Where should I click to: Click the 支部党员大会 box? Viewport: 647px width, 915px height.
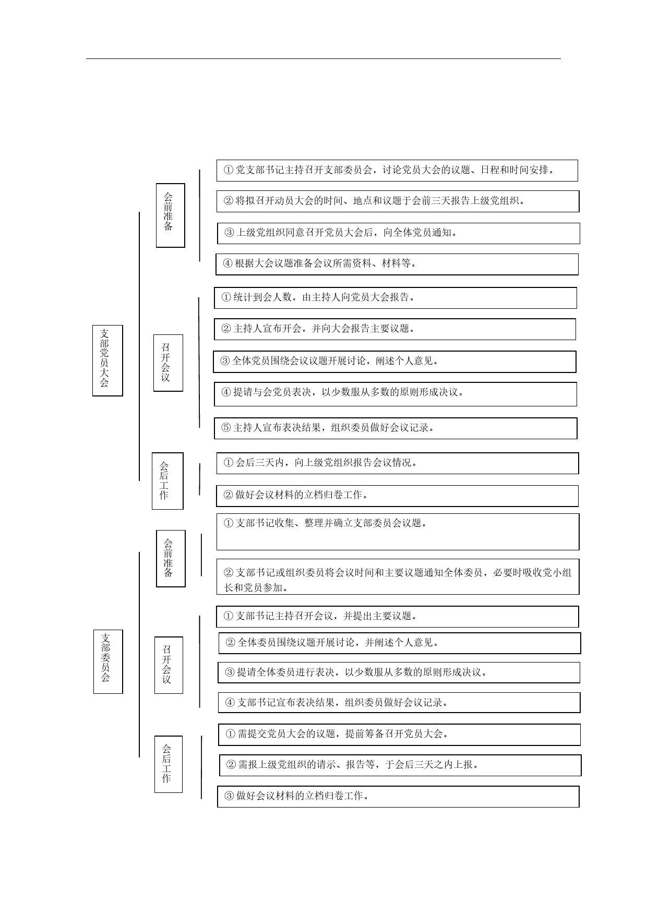coord(107,360)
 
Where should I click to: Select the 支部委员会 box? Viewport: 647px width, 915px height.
coord(108,661)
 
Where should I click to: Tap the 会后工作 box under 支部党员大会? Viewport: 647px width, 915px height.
coord(167,481)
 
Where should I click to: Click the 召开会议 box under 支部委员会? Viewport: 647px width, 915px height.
coord(169,665)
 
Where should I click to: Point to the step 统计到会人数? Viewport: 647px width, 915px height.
coord(396,298)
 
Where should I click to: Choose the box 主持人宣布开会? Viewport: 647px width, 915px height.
coord(395,329)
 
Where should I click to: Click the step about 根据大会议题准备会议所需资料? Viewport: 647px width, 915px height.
coord(397,264)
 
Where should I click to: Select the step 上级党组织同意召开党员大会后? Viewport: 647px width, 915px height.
coord(399,233)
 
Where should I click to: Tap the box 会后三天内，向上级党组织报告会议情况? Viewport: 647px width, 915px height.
coord(398,463)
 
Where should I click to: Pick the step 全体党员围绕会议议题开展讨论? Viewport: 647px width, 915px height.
coord(394,362)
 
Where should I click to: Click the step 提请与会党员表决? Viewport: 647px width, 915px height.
coord(396,394)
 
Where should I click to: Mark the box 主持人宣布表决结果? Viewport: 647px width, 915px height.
coord(396,428)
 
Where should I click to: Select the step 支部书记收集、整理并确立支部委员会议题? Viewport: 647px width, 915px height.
coord(398,532)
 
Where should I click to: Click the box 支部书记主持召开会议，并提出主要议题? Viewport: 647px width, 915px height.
coord(398,617)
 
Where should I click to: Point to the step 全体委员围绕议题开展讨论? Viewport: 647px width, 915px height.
coord(400,643)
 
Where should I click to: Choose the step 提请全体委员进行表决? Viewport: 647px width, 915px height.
coord(399,673)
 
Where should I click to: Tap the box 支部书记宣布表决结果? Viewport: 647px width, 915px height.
coord(399,703)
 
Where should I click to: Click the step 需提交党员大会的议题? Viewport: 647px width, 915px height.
coord(400,735)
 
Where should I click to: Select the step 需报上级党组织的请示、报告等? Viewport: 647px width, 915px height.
coord(400,765)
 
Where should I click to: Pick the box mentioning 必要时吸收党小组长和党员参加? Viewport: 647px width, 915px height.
coord(398,577)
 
